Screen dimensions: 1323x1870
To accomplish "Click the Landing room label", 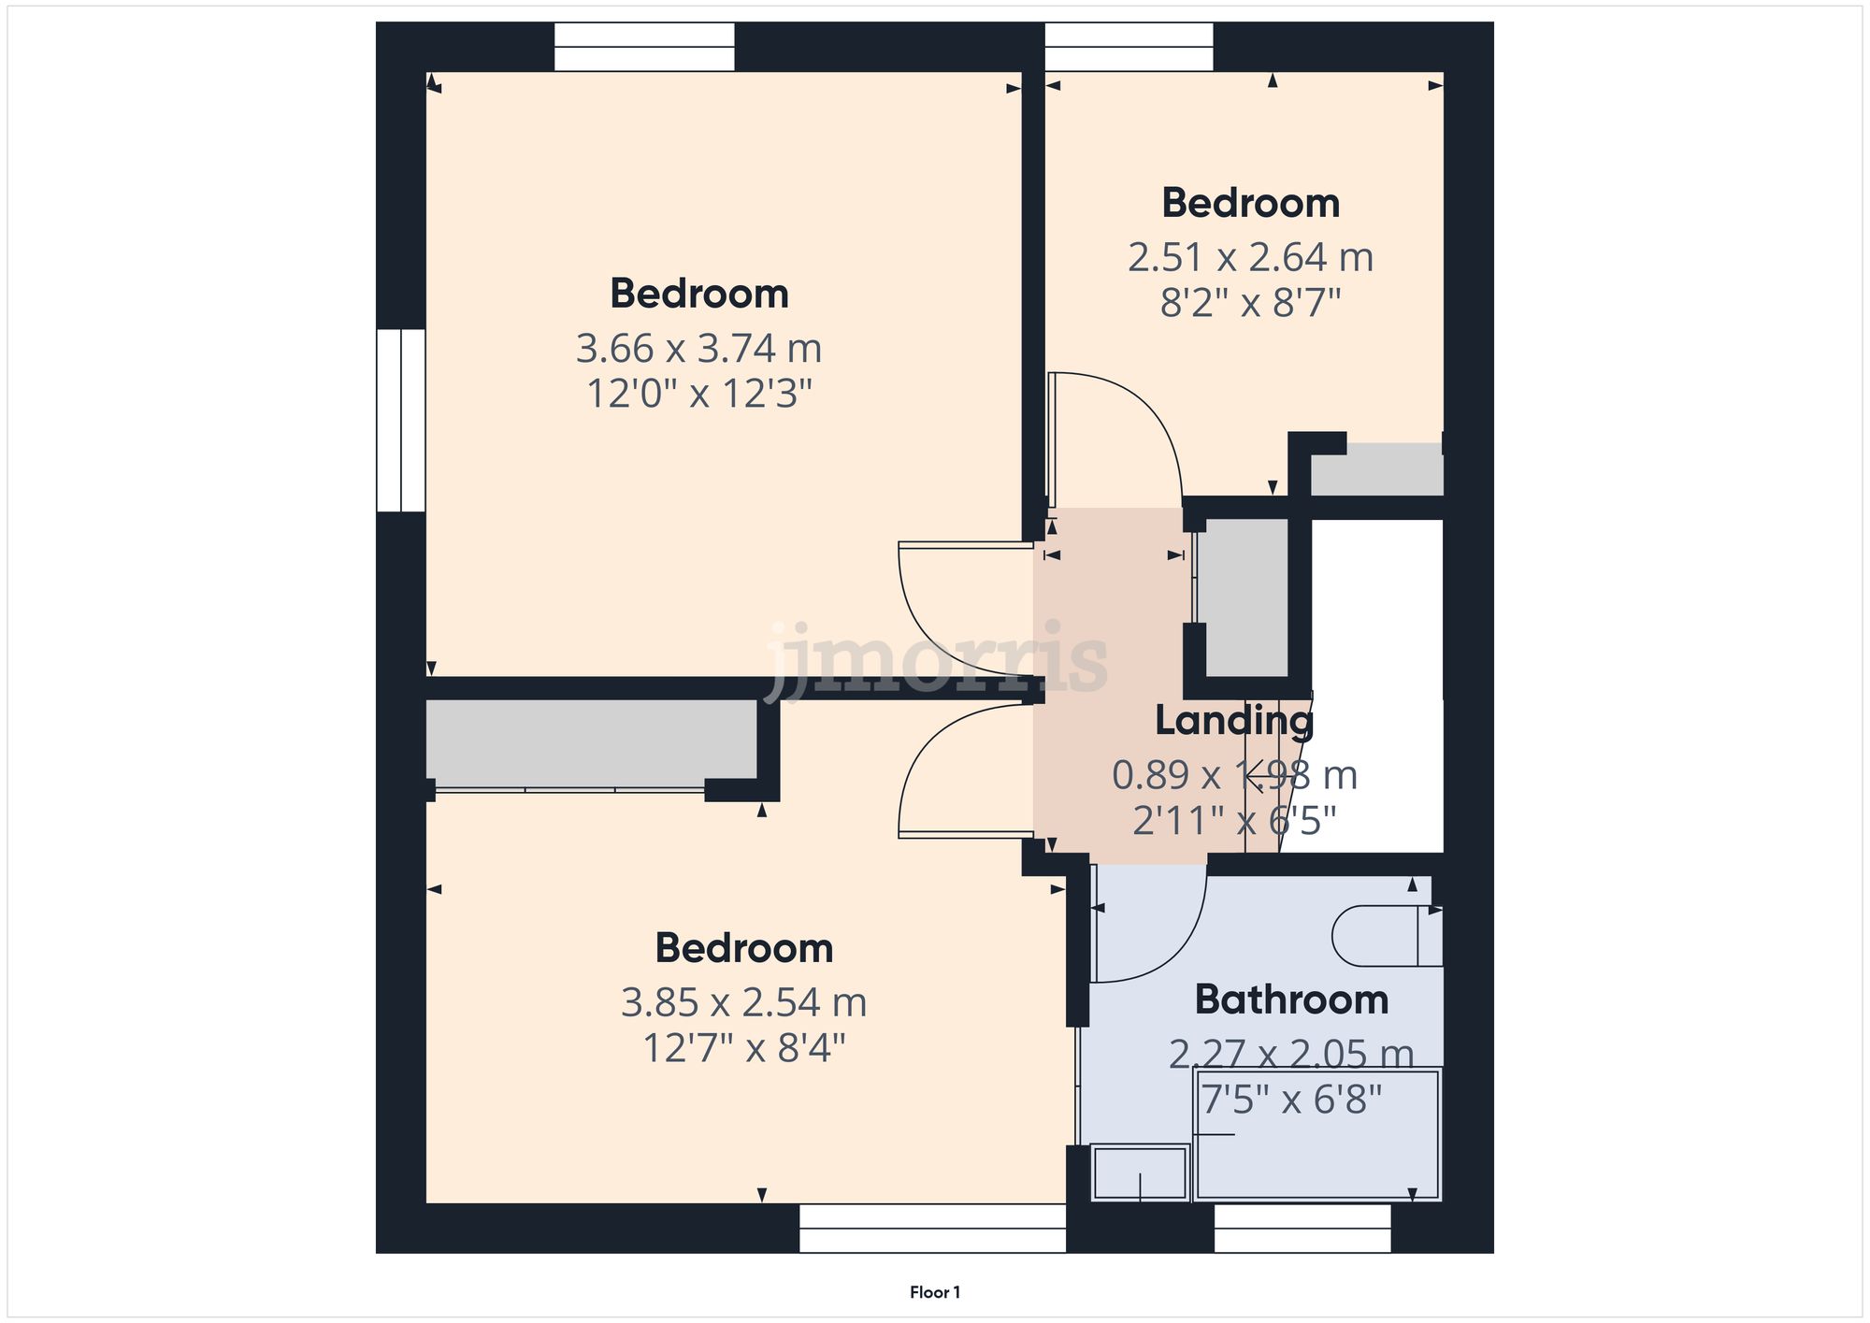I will click(x=1233, y=720).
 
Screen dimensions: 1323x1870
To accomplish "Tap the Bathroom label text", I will click(x=1291, y=999).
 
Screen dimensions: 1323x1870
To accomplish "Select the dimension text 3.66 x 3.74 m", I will click(x=698, y=349).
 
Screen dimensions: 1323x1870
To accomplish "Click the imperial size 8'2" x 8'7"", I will click(x=1250, y=303).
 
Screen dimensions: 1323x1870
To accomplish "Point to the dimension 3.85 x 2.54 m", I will click(x=743, y=1002).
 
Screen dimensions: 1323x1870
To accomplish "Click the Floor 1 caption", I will click(x=934, y=1292).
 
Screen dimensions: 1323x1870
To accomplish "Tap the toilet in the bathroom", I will click(x=1386, y=935).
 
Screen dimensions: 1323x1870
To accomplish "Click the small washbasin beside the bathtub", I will click(x=1140, y=1172).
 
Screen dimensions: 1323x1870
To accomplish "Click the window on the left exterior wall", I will click(x=400, y=420).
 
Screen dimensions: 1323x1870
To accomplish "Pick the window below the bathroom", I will click(x=1302, y=1229).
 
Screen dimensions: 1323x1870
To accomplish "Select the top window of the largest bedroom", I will click(x=644, y=47).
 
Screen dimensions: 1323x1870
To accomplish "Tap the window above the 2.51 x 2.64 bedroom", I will click(x=1129, y=47).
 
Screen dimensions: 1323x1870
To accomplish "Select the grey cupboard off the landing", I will click(x=1243, y=596).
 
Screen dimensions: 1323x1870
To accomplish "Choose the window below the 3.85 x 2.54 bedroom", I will click(x=932, y=1229).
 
